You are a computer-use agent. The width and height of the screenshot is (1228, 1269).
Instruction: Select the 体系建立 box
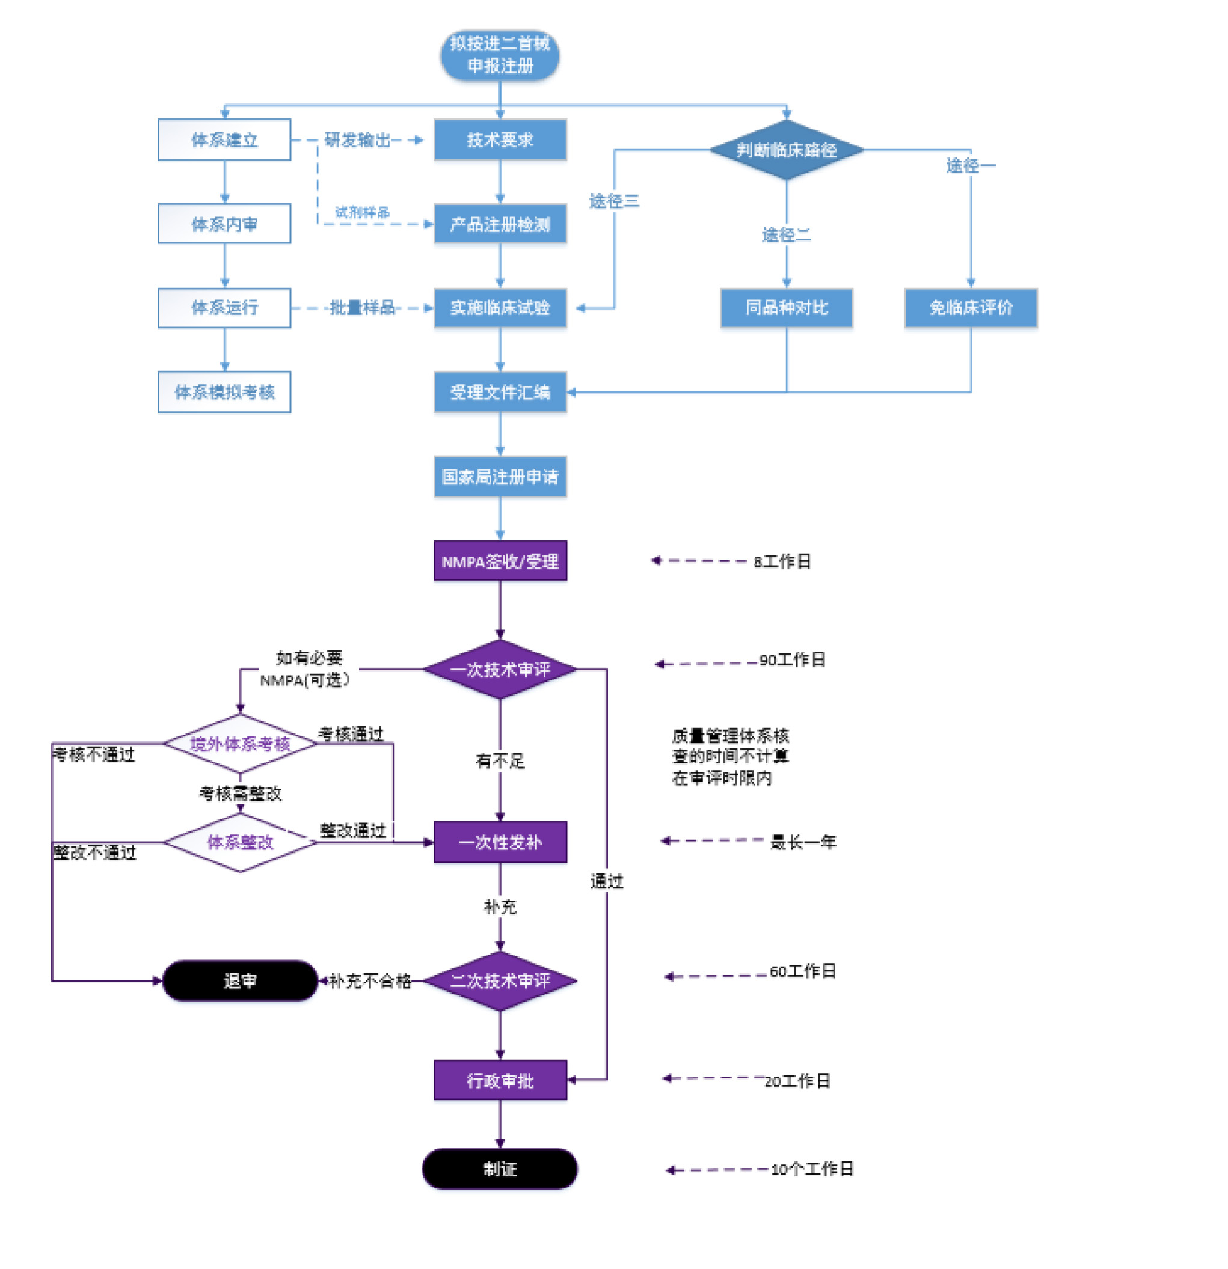[224, 139]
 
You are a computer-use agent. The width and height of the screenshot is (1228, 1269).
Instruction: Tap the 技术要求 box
[499, 139]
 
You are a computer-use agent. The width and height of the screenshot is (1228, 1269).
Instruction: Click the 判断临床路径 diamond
[785, 150]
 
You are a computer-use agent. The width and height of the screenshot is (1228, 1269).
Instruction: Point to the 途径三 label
[613, 201]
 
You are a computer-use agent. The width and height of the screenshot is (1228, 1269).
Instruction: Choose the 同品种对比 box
[785, 308]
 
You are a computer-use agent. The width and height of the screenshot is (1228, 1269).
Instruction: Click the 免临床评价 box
[969, 308]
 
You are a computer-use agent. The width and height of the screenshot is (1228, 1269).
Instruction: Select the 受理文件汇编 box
[499, 392]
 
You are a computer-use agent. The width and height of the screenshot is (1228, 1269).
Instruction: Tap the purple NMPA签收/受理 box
[499, 561]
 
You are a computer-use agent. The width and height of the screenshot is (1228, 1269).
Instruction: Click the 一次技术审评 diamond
[499, 669]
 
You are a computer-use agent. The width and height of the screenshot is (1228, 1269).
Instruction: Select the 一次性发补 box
[499, 842]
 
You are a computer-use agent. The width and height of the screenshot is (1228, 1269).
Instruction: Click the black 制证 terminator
[499, 1169]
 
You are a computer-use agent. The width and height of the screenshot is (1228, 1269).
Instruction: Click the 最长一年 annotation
[802, 842]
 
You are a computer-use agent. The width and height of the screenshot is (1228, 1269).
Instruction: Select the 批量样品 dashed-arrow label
[362, 308]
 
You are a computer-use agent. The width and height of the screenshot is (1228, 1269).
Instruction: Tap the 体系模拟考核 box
[224, 392]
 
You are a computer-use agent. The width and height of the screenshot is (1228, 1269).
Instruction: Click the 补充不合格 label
[370, 981]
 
